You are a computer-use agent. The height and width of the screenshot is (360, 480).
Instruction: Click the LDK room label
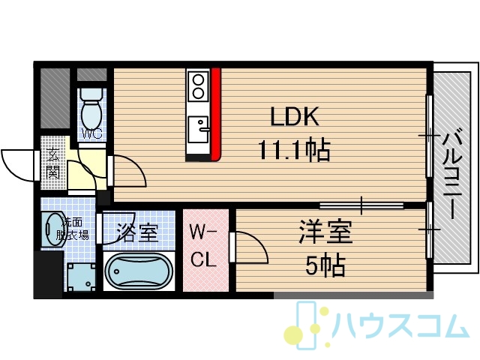[295, 117]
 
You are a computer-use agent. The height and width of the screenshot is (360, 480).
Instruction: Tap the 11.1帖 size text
[295, 150]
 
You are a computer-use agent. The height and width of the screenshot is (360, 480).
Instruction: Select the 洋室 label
[325, 232]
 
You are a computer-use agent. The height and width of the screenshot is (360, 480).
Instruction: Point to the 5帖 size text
[325, 265]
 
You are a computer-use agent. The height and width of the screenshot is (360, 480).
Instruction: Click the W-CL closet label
[203, 245]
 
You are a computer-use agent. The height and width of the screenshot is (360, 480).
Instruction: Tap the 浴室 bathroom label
[138, 233]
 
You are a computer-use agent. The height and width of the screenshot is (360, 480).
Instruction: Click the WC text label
[91, 133]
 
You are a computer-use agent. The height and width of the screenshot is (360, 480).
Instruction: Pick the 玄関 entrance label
[53, 163]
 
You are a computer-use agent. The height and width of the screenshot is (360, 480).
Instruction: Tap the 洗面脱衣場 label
[73, 228]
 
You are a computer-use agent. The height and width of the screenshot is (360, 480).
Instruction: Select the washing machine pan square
[81, 277]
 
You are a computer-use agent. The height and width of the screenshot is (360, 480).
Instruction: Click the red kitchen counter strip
[216, 115]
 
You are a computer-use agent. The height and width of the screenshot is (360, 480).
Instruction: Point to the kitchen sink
[198, 129]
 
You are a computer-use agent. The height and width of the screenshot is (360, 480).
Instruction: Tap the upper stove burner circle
[198, 80]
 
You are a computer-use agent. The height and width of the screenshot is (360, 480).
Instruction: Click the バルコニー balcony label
[453, 174]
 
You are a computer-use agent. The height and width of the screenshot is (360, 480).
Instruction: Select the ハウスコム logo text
[400, 325]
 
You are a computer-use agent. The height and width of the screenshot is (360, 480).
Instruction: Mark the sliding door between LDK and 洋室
[361, 205]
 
